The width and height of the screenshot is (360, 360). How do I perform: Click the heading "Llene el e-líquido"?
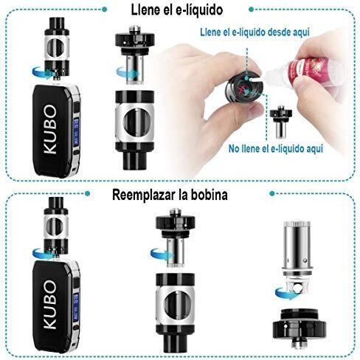177,10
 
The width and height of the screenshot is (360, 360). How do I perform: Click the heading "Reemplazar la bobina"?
170,195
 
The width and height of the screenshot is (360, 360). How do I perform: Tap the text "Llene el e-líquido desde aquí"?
255,32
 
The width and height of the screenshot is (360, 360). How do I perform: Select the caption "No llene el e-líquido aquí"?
276,149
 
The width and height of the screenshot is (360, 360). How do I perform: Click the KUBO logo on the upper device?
50,129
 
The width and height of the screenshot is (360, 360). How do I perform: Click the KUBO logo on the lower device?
50,305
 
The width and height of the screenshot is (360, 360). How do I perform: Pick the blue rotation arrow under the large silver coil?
285,293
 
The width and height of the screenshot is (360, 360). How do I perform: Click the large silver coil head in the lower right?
298,256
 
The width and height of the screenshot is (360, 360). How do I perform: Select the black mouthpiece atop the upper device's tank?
57,23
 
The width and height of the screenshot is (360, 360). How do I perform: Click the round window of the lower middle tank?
175,305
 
